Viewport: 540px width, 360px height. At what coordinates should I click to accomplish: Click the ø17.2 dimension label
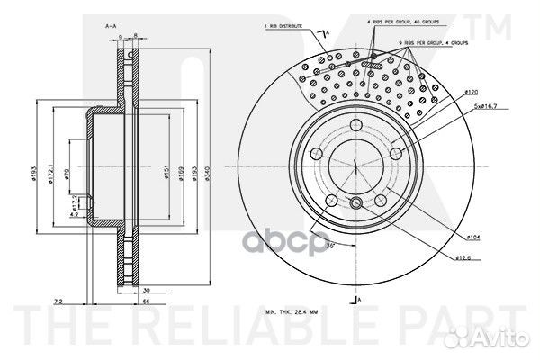click(76, 203)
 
